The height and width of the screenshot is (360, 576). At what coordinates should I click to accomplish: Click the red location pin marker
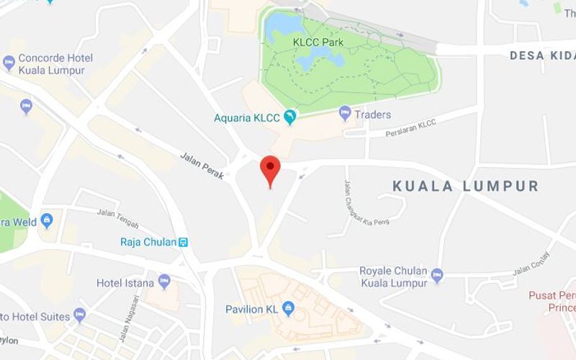(270, 168)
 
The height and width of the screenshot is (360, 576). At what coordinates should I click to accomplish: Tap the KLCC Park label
(318, 42)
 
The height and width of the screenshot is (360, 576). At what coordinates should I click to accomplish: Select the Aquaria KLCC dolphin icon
(290, 117)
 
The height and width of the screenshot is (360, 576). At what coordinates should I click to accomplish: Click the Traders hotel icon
(346, 114)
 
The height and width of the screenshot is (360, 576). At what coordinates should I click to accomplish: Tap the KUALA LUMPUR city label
(465, 186)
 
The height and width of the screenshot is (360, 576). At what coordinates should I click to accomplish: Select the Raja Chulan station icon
(184, 242)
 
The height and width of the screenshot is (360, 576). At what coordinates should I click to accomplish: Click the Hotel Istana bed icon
(165, 280)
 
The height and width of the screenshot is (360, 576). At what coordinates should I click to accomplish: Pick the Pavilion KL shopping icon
(289, 310)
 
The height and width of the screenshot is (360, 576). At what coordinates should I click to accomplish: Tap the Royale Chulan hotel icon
(437, 275)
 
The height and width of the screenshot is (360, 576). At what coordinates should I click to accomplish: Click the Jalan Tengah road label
(117, 214)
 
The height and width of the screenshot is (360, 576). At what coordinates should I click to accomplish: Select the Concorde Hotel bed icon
(9, 63)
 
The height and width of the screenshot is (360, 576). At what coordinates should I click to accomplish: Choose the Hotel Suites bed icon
(80, 315)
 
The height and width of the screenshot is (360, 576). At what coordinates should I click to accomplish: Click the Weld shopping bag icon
(48, 219)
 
